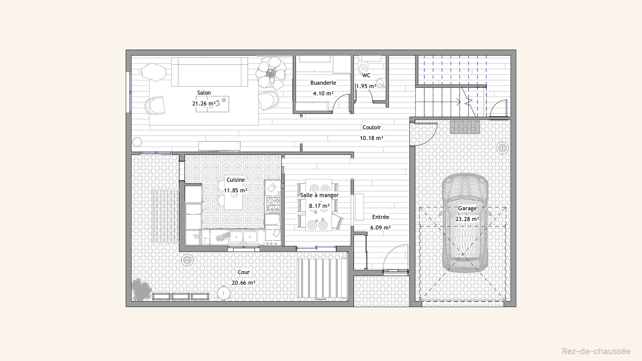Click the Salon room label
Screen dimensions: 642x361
pyautogui.click(x=204, y=93)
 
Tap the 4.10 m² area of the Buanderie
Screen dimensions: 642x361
pyautogui.click(x=323, y=93)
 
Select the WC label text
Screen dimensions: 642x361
pyautogui.click(x=366, y=76)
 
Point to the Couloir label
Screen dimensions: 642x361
pyautogui.click(x=371, y=127)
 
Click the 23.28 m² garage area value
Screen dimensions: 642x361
pyautogui.click(x=467, y=219)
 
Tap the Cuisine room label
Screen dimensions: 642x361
pyautogui.click(x=236, y=180)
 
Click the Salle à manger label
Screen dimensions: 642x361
pyautogui.click(x=319, y=195)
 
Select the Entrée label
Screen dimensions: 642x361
pyautogui.click(x=381, y=217)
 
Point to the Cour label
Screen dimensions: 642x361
pyautogui.click(x=243, y=272)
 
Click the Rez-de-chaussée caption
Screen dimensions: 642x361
pyautogui.click(x=596, y=351)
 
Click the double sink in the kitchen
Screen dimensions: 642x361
pyautogui.click(x=243, y=237)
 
